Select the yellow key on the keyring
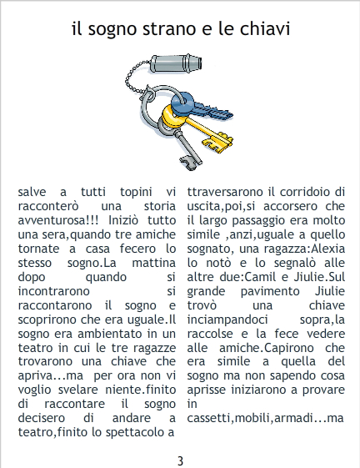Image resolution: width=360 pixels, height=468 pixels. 197,128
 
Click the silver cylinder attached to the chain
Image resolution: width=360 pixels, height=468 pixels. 176,63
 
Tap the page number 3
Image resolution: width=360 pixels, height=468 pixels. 180,460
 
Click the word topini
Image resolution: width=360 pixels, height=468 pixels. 136,192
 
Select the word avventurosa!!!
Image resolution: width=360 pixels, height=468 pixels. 58,220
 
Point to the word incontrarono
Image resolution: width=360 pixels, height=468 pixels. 53,291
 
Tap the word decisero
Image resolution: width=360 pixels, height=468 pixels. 41,418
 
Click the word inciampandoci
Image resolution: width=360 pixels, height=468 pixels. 227,320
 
